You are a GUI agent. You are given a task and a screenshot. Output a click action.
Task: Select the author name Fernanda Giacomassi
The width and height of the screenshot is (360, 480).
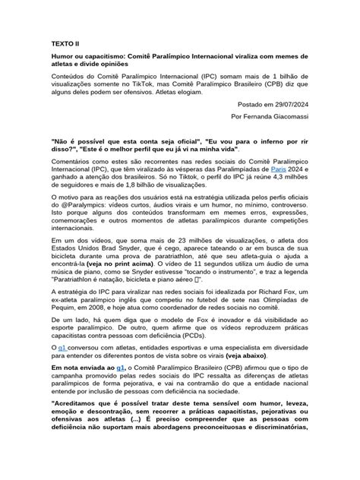286,118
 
